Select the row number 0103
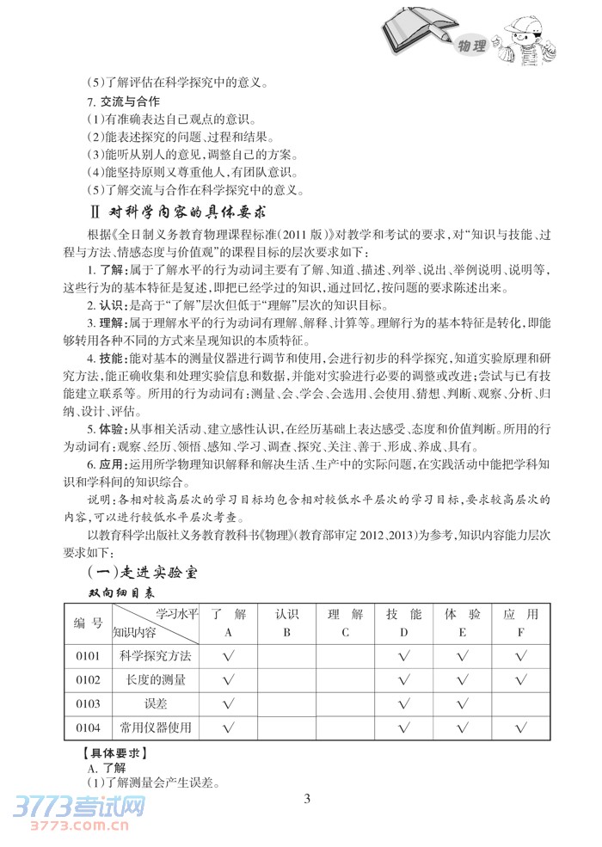click(88, 704)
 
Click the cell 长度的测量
click(156, 680)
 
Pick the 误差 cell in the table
click(156, 704)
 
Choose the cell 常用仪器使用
click(156, 727)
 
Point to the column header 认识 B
click(286, 623)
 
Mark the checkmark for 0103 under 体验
click(462, 704)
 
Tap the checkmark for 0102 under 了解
click(229, 680)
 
